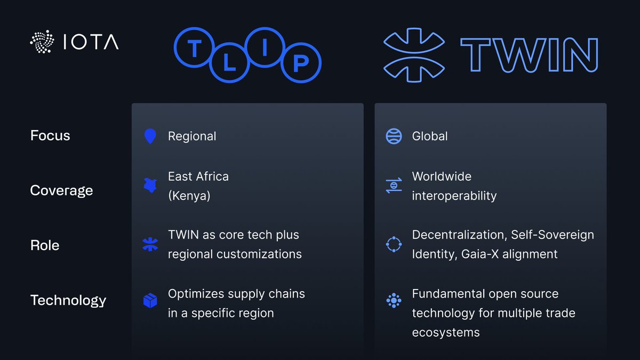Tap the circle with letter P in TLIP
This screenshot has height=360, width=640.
click(x=301, y=63)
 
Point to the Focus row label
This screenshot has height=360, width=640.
click(x=50, y=135)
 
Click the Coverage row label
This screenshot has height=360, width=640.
click(x=61, y=190)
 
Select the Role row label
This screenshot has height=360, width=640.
click(x=45, y=245)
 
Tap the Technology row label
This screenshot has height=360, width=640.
click(x=68, y=300)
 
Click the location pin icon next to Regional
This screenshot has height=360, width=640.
click(x=150, y=136)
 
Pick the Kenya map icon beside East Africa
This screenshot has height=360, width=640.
click(x=150, y=186)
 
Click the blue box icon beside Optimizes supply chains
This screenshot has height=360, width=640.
click(x=150, y=301)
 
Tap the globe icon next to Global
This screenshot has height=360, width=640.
click(x=394, y=136)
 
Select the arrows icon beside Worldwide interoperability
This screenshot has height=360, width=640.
click(x=394, y=186)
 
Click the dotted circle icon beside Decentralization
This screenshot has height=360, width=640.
click(x=394, y=244)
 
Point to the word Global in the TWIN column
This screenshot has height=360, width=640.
click(x=430, y=136)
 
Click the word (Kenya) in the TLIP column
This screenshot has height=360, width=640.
click(x=189, y=196)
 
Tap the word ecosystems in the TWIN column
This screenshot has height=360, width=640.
click(x=446, y=332)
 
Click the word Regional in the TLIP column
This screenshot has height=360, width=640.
click(x=192, y=136)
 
